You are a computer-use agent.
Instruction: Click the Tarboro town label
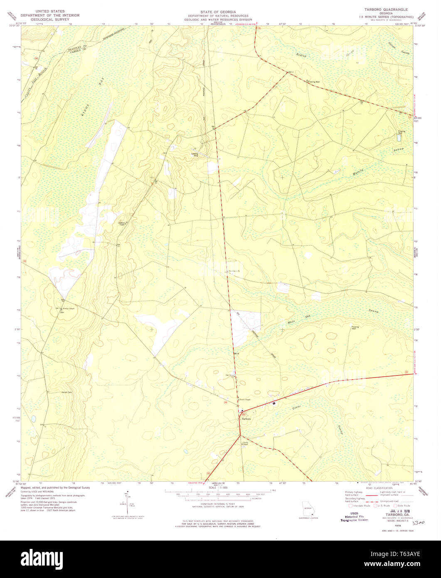click(x=246, y=419)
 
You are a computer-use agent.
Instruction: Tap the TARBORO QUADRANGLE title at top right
click(x=387, y=9)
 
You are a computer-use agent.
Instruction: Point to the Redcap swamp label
click(x=301, y=54)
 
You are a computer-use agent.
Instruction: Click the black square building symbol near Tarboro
click(x=274, y=403)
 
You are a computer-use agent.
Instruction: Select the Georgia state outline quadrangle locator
click(x=308, y=509)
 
